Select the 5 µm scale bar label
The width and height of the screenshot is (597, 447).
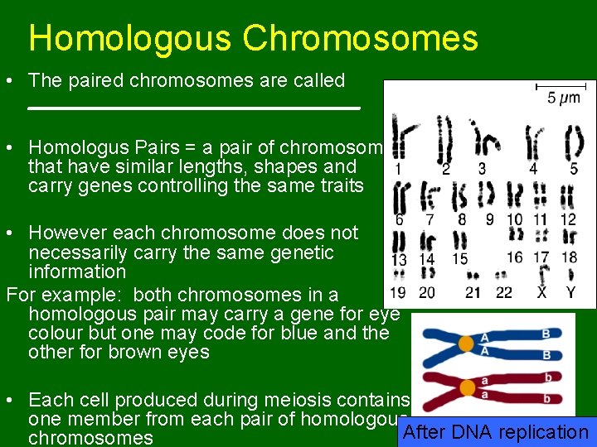click(564, 97)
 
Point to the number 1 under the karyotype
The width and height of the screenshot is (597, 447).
click(399, 169)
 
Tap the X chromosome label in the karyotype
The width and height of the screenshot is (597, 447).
click(541, 292)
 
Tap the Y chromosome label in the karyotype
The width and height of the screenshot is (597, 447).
click(570, 292)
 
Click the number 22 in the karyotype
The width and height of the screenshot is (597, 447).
click(504, 292)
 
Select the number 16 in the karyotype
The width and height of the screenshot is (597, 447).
click(514, 257)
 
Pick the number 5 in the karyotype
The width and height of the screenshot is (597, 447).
click(574, 169)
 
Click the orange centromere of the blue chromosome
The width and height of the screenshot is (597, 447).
click(466, 343)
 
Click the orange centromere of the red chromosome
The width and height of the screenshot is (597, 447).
click(467, 387)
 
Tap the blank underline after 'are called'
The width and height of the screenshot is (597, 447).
click(194, 108)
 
